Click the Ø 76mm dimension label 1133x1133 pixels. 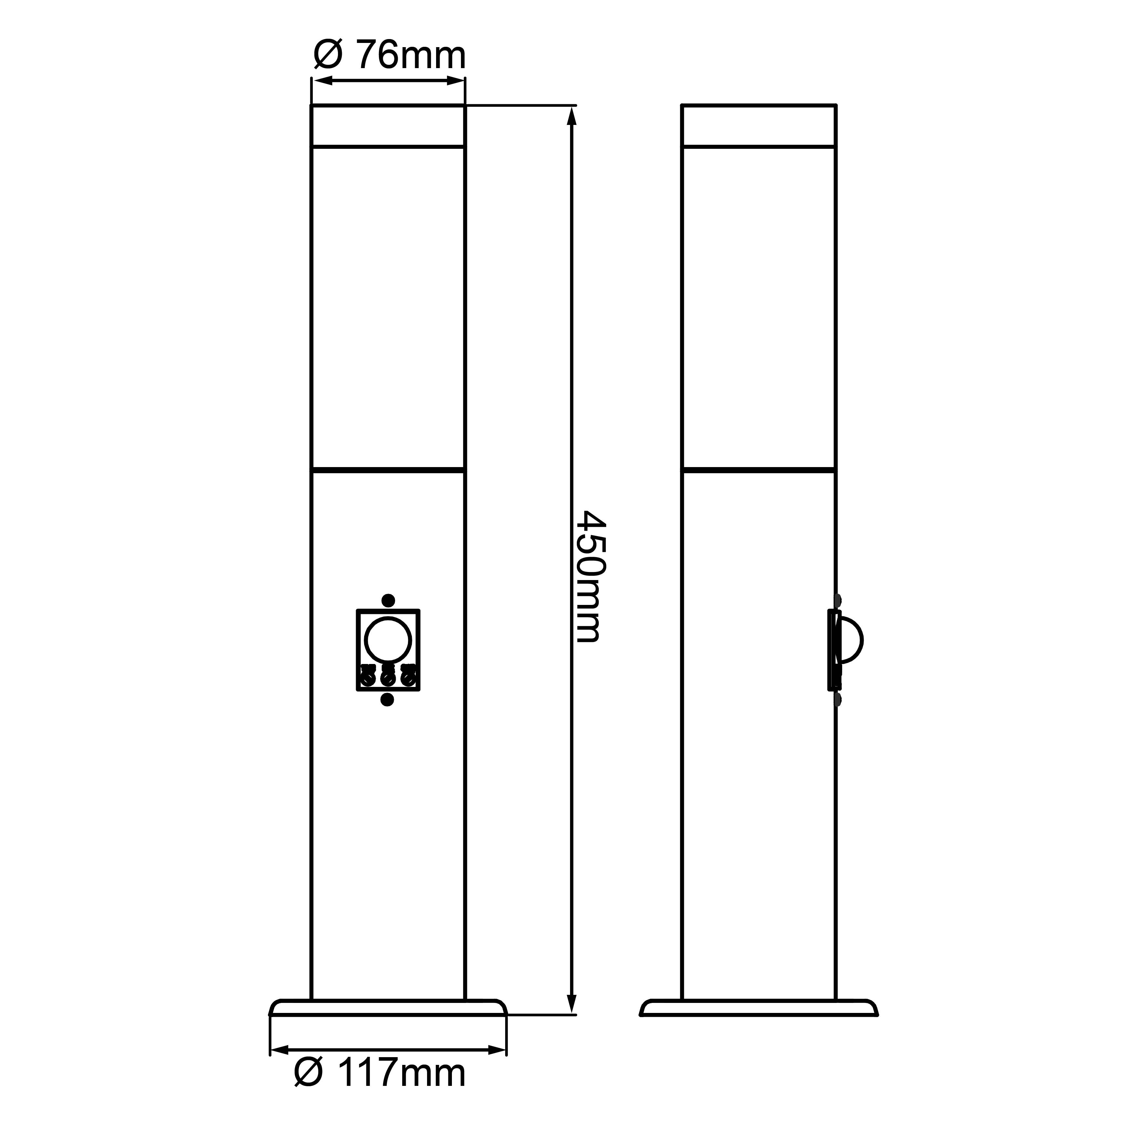point(389,56)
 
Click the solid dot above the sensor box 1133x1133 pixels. point(388,600)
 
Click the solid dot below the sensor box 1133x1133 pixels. point(387,699)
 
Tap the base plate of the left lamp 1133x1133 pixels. point(388,1007)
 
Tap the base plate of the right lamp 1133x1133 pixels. point(759,1007)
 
